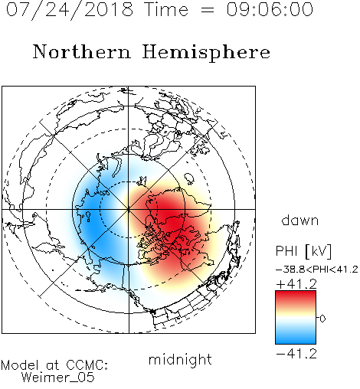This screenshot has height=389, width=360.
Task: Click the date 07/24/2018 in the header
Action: tap(70, 10)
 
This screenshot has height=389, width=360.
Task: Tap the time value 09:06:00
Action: tap(270, 9)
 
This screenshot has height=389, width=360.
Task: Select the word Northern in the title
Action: tap(82, 51)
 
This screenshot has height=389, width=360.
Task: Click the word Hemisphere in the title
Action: tap(206, 52)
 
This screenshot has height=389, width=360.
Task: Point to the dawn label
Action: tap(300, 220)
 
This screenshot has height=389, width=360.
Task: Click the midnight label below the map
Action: tap(180, 360)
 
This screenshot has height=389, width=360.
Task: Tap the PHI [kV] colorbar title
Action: tap(304, 251)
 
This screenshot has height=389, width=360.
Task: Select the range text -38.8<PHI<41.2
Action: tap(317, 270)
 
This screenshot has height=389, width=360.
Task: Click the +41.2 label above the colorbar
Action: tap(296, 284)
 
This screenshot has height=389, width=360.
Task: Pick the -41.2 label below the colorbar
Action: tap(296, 354)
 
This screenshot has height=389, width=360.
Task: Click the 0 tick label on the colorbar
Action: tap(322, 319)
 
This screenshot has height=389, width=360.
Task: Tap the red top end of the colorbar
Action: tap(296, 293)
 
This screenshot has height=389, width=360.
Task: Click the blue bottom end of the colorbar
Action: tap(296, 341)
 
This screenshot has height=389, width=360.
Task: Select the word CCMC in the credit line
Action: tap(86, 365)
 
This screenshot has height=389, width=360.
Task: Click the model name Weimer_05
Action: tap(58, 377)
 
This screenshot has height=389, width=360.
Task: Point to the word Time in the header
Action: tap(166, 9)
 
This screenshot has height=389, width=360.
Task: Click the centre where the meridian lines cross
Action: tap(129, 209)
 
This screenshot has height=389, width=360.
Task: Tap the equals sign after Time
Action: tap(208, 10)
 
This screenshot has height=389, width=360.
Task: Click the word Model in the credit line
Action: tap(20, 365)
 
